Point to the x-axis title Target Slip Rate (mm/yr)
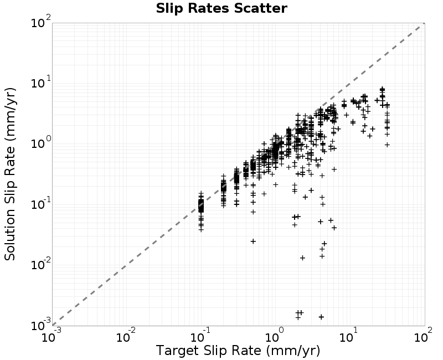pos(238,351)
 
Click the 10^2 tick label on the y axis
pos(41,22)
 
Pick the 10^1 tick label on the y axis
pos(41,83)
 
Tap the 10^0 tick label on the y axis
pos(41,143)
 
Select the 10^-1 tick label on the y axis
pos(41,204)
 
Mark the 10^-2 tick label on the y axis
pos(41,265)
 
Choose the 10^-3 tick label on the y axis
pos(41,325)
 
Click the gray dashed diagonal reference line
pos(239,174)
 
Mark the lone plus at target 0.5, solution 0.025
pos(253,241)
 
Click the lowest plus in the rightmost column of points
pos(387,145)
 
